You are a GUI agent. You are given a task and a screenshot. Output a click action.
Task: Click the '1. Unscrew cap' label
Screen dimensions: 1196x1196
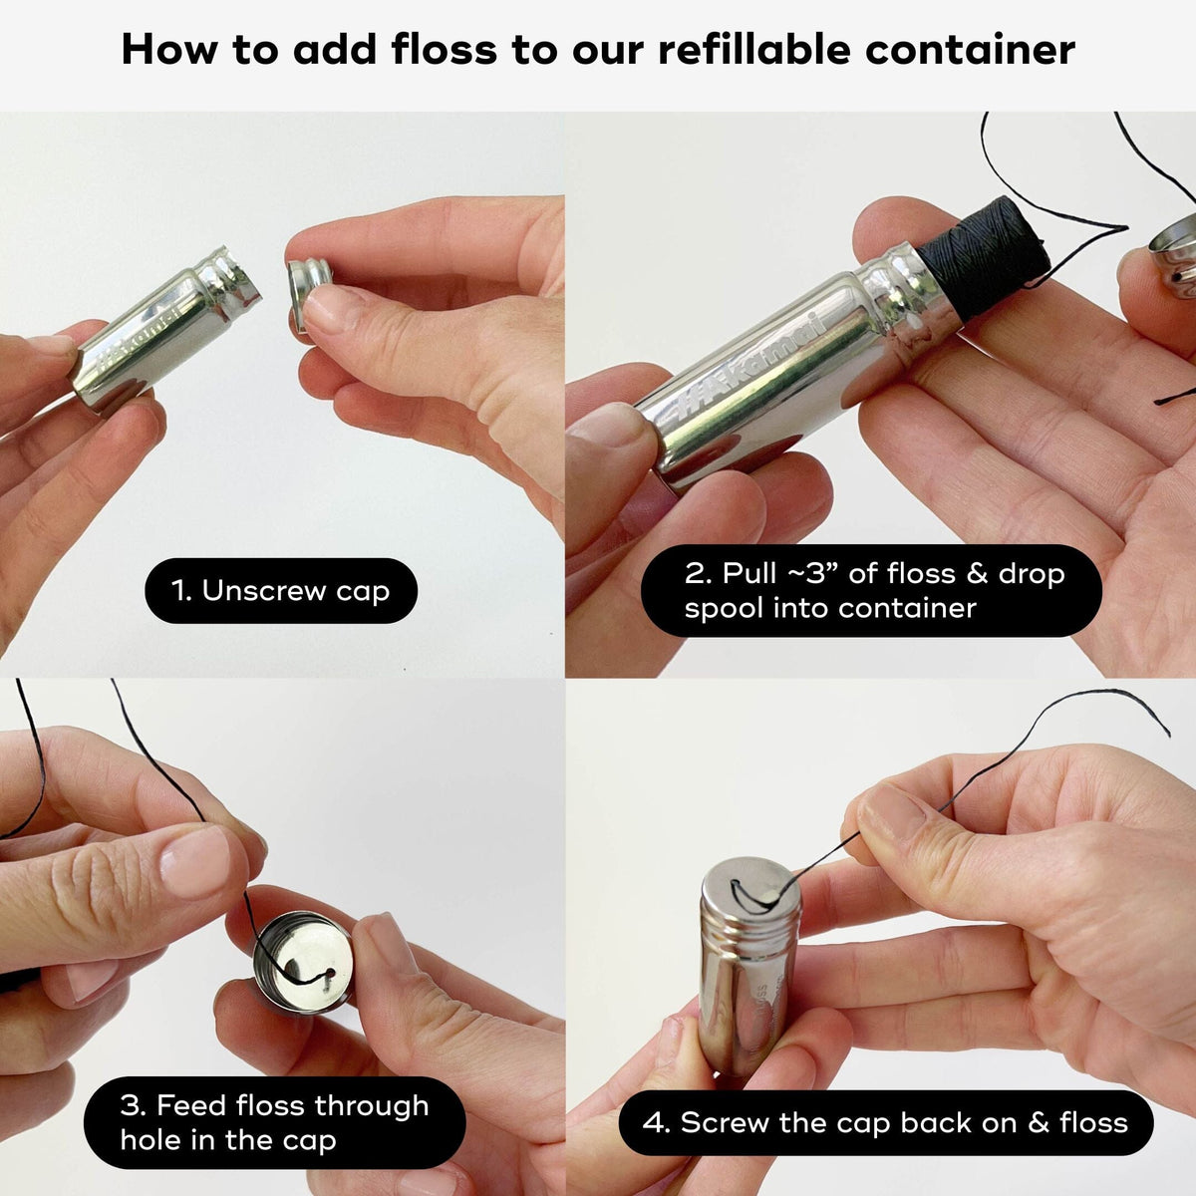coord(281,591)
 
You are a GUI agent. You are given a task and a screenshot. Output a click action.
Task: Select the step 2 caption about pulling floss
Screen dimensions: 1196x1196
coord(871,591)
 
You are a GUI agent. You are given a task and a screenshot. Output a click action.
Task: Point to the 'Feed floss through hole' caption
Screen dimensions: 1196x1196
coord(274,1122)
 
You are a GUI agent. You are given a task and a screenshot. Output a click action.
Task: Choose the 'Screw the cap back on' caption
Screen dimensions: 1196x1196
coord(885,1123)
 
